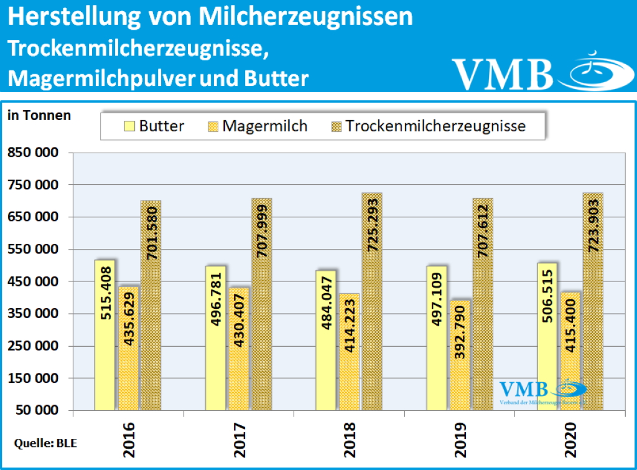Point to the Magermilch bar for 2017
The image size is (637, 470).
[x=238, y=349]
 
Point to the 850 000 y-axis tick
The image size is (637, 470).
[x=33, y=153]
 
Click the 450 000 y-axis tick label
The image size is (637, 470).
[x=33, y=282]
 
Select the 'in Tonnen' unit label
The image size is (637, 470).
[x=39, y=115]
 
